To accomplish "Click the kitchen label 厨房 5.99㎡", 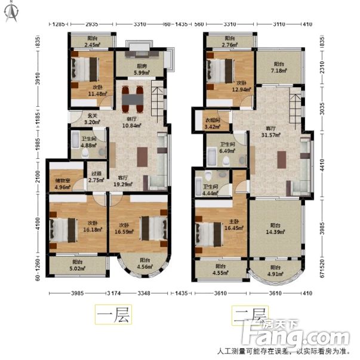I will tap(141, 69).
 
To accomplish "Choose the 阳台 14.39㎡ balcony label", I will tap(275, 228).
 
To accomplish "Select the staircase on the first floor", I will tap(156, 101).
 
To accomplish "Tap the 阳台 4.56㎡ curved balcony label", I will tap(144, 263).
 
